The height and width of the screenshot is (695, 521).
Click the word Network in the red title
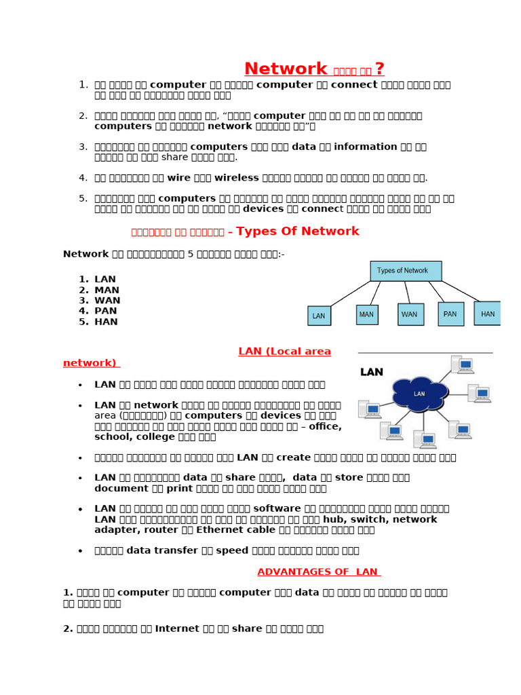286,69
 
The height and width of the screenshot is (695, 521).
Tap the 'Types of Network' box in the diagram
406,271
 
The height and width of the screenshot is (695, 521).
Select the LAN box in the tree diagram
319,316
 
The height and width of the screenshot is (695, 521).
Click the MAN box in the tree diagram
367,314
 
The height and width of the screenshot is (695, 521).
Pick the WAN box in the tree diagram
410,314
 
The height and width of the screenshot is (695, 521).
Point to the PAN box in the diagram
451,314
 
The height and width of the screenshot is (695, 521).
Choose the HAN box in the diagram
488,314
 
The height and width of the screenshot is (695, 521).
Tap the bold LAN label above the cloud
372,372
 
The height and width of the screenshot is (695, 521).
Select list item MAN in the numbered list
107,290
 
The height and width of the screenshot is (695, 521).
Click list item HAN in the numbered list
106,322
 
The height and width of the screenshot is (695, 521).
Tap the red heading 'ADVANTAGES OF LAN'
318,572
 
